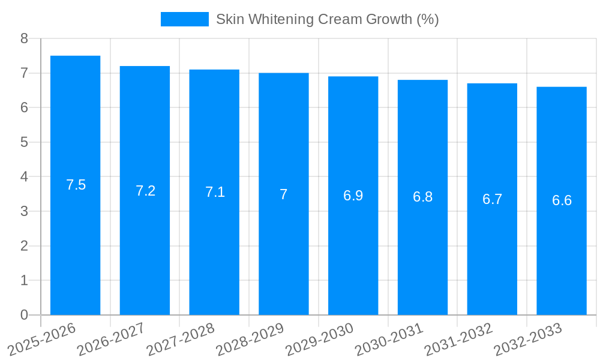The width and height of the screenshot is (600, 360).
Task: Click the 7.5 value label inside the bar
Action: pyautogui.click(x=76, y=185)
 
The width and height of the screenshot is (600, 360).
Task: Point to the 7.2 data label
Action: pyautogui.click(x=146, y=191)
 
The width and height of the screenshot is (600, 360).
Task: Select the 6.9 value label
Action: pyautogui.click(x=353, y=196)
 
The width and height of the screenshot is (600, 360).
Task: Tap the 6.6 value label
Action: pyautogui.click(x=562, y=200)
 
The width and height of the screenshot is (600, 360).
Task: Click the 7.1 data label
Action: pyautogui.click(x=215, y=192)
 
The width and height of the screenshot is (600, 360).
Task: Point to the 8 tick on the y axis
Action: pyautogui.click(x=24, y=38)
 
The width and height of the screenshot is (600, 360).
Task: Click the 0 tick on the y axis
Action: pyautogui.click(x=24, y=315)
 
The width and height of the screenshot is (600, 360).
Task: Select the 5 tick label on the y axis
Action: pyautogui.click(x=24, y=142)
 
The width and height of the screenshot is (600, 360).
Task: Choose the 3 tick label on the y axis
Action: pyautogui.click(x=24, y=211)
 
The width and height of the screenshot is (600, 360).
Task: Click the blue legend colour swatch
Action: pyautogui.click(x=184, y=19)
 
